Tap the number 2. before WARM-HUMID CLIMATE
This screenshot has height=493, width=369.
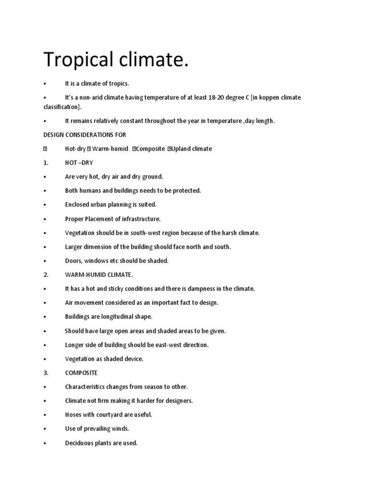(46, 275)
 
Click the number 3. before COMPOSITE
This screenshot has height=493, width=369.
(46, 373)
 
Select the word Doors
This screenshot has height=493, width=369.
(74, 261)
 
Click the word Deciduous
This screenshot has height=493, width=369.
(79, 443)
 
